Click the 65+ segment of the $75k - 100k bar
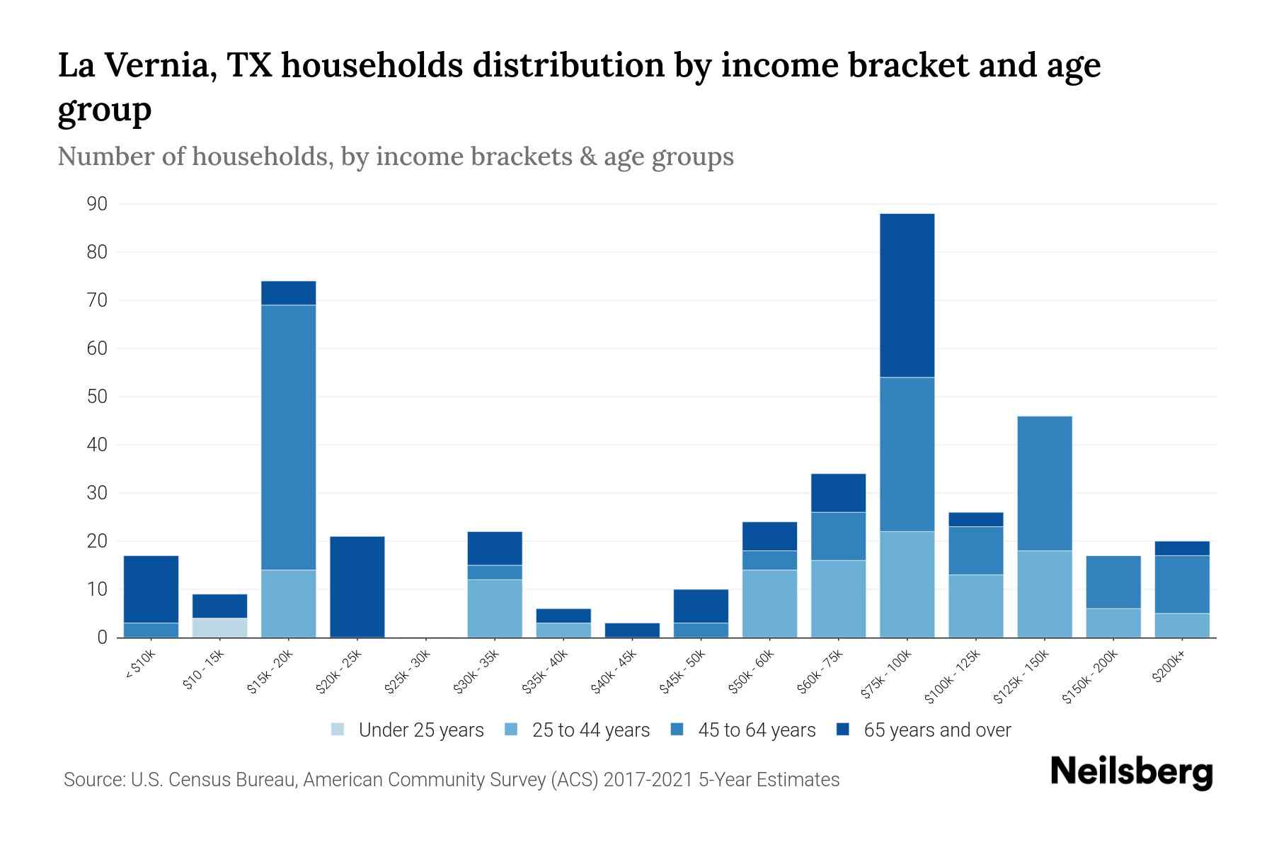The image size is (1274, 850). [x=907, y=295]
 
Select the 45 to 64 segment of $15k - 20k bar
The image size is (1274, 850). [x=288, y=437]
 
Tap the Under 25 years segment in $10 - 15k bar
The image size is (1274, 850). [x=219, y=628]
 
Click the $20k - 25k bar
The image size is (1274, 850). [x=357, y=586]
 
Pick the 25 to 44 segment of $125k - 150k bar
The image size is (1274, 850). [x=1044, y=594]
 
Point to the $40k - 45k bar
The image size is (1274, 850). [x=632, y=630]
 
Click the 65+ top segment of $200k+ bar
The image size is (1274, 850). [x=1182, y=548]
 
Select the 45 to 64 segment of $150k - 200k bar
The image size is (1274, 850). [x=1113, y=582]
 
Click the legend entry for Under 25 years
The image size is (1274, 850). [x=420, y=730]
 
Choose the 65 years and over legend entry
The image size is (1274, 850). [x=936, y=730]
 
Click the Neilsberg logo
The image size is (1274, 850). [x=1131, y=772]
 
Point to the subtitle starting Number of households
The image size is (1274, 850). [x=395, y=157]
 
